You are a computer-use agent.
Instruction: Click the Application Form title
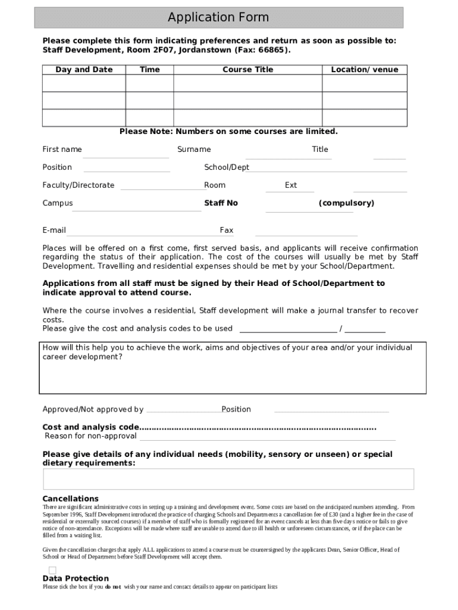(x=218, y=17)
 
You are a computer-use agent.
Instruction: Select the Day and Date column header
(x=84, y=70)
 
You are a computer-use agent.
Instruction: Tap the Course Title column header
(x=247, y=70)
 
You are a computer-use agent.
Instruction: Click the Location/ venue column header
(x=364, y=70)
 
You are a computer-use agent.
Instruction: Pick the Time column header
(x=149, y=70)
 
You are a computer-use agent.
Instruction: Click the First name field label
(x=62, y=150)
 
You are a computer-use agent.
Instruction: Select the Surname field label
(x=194, y=150)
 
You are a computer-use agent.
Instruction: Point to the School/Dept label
(x=227, y=167)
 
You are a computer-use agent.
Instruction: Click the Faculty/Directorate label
(x=78, y=185)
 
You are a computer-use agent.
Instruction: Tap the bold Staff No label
(x=221, y=203)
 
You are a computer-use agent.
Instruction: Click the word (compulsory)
(x=346, y=203)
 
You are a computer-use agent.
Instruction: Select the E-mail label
(x=54, y=231)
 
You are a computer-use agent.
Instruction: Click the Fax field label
(x=226, y=231)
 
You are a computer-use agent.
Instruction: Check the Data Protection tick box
(x=52, y=570)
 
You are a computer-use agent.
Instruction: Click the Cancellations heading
(x=70, y=499)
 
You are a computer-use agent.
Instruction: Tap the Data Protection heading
(x=76, y=578)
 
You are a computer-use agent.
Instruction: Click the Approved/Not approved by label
(x=93, y=409)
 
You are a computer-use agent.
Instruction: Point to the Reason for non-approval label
(x=90, y=436)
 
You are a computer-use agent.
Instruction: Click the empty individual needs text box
(x=228, y=479)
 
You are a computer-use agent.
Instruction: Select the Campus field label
(x=57, y=203)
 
